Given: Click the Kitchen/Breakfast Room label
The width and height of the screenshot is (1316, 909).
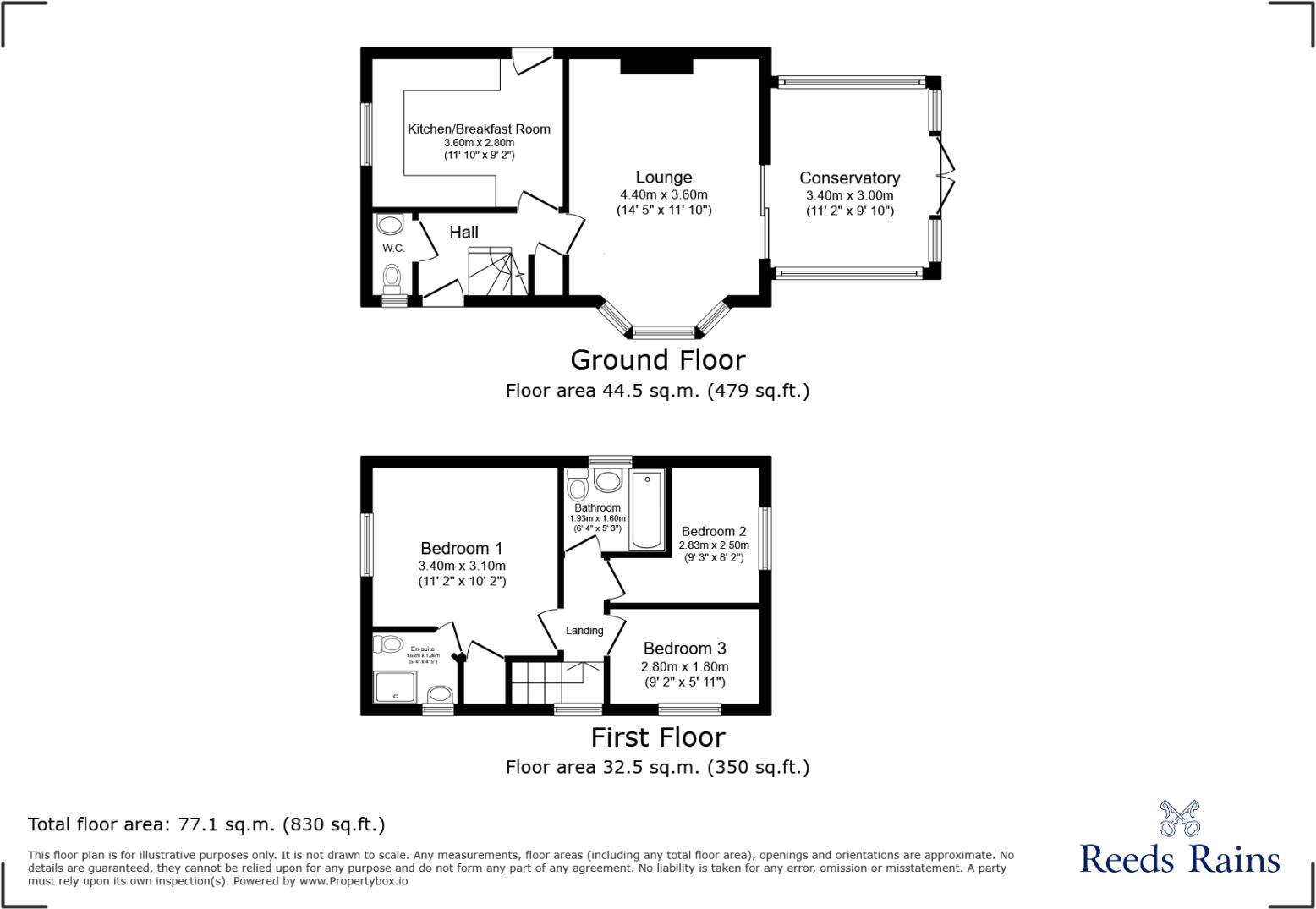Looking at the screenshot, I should [x=479, y=129].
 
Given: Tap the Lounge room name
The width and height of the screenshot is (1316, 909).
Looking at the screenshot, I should [x=664, y=178].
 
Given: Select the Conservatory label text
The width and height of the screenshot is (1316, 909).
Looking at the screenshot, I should [x=849, y=178].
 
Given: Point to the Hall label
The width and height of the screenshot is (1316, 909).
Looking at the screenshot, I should [x=463, y=233].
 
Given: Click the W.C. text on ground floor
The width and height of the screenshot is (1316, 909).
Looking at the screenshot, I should [x=393, y=249].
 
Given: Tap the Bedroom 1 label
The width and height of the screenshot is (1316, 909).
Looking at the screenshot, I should [x=462, y=549].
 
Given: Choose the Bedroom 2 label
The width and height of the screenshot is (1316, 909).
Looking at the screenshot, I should [x=714, y=532].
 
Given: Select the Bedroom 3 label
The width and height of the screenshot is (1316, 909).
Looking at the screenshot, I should [x=684, y=649].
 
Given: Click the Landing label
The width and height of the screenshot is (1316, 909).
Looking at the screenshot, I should [x=584, y=631].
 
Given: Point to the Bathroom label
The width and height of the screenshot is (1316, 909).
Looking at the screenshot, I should [x=597, y=508].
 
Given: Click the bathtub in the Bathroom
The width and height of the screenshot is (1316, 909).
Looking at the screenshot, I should [x=648, y=511].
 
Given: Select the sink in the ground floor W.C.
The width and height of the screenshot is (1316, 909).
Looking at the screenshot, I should [x=390, y=225].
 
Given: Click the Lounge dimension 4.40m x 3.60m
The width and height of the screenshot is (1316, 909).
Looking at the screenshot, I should [x=664, y=195].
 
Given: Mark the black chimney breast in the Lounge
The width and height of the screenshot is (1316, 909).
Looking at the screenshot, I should [x=657, y=66].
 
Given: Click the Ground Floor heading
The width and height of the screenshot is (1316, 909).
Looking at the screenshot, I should [x=657, y=360].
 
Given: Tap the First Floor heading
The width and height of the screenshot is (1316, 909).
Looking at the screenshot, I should [x=657, y=737].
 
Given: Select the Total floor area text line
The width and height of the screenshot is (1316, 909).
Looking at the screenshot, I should [x=206, y=824].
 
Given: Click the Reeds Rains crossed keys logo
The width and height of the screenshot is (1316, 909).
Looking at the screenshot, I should [x=1179, y=818].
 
